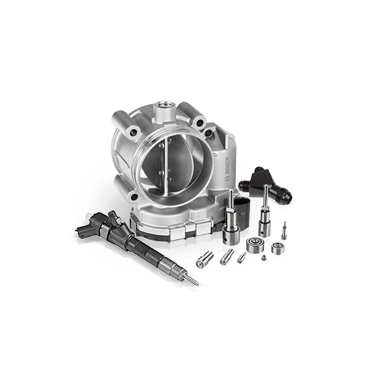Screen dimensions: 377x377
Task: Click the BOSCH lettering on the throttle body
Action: click(x=227, y=166)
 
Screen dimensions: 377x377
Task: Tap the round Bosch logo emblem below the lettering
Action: click(x=226, y=179)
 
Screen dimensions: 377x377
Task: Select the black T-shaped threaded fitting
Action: click(x=265, y=183)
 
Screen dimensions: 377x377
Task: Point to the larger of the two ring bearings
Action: click(x=255, y=244)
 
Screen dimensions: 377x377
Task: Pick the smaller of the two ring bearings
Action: click(x=278, y=249)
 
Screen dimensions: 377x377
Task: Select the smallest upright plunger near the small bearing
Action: click(x=284, y=231)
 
